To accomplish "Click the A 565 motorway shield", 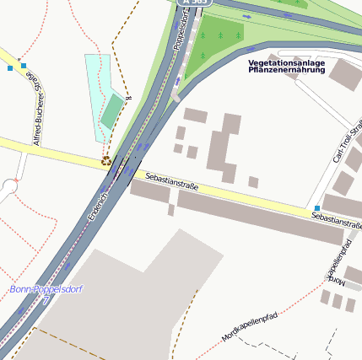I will click(x=195, y=3).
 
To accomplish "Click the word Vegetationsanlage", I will click(x=285, y=62).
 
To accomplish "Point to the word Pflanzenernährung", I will click(x=285, y=70).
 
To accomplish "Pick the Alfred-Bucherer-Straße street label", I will click(x=35, y=109).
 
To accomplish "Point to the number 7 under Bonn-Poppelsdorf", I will click(x=46, y=299).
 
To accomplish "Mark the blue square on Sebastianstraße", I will click(x=317, y=207).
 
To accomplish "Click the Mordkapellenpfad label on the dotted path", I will click(x=250, y=325).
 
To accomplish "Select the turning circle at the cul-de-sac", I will click(x=9, y=185).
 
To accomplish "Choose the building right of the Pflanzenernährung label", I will click(x=344, y=73).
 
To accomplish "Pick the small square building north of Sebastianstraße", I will click(x=253, y=181).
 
